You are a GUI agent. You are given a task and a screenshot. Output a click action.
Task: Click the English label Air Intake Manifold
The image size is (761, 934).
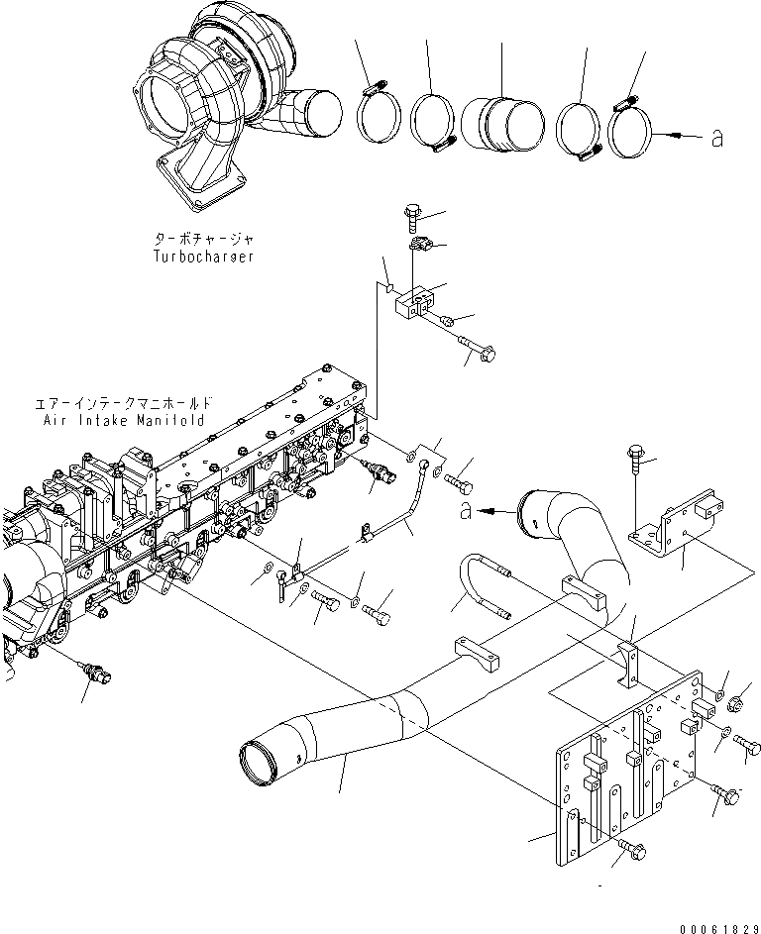click(123, 419)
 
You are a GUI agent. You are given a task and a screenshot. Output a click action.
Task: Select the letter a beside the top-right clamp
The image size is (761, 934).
click(715, 138)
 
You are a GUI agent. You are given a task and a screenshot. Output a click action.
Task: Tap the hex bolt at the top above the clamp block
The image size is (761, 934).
click(413, 215)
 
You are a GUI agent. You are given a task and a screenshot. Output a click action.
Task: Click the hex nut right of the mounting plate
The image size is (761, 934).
click(738, 705)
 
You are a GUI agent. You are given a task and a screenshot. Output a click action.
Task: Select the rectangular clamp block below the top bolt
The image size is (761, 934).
click(415, 302)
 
